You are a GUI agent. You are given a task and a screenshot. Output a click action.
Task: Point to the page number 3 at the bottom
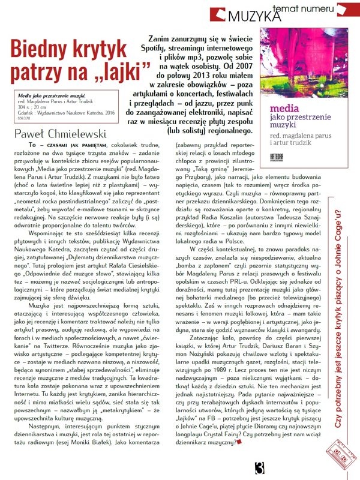[259, 467]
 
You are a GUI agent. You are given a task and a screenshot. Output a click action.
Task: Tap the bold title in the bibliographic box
[43, 95]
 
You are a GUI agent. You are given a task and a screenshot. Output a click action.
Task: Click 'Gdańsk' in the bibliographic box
[26, 112]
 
